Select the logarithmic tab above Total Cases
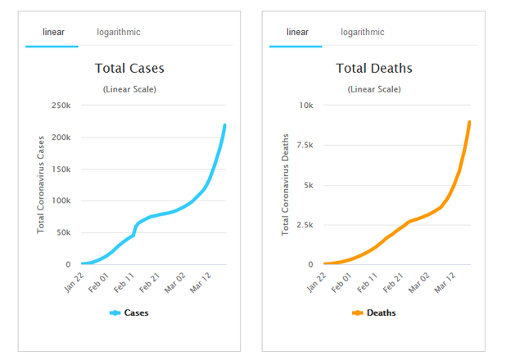[x=118, y=32]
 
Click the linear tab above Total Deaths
[x=297, y=32]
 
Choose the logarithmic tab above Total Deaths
[x=363, y=32]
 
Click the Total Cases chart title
[x=129, y=68]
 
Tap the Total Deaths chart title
[x=374, y=68]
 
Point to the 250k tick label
[x=60, y=106]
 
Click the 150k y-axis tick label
[x=60, y=169]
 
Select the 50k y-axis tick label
[x=62, y=233]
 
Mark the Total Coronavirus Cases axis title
[x=42, y=184]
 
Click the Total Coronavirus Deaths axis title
[x=286, y=184]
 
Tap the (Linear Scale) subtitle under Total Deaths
[x=374, y=89]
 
